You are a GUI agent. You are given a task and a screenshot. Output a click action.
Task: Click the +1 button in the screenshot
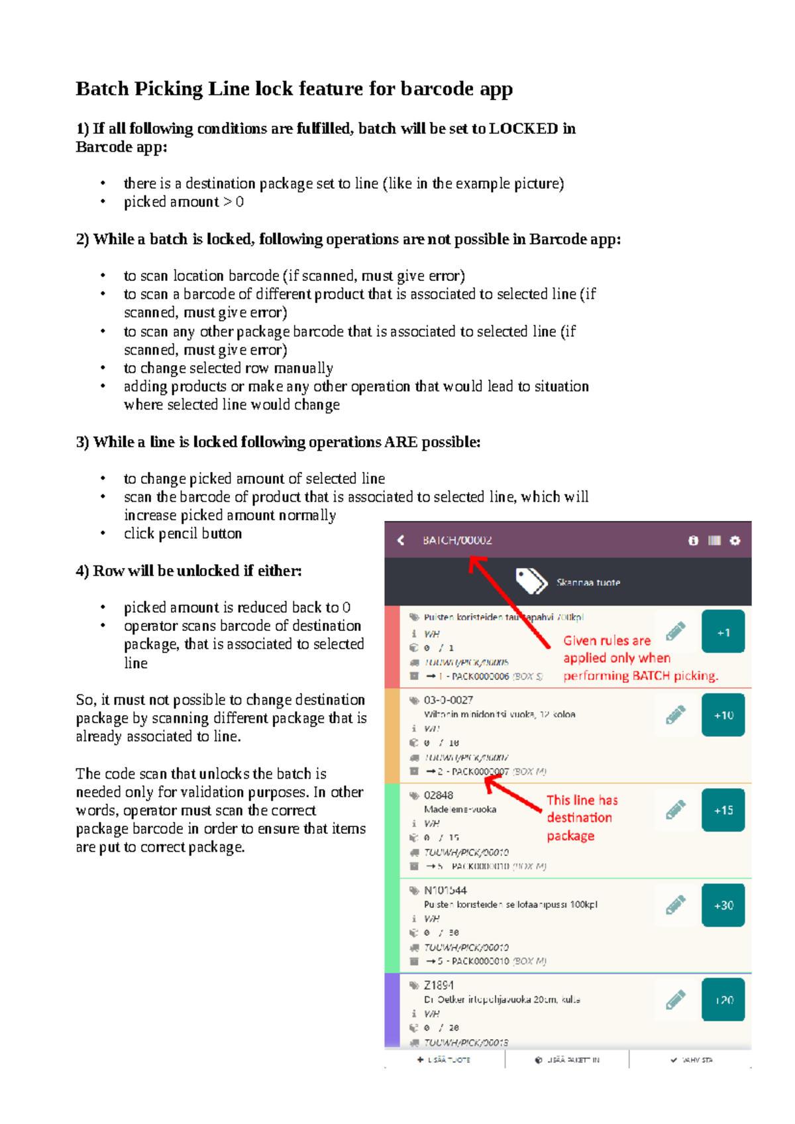coord(723,632)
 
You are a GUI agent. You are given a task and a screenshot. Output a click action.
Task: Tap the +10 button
coord(723,715)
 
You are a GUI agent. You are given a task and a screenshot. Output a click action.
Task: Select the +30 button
coord(723,905)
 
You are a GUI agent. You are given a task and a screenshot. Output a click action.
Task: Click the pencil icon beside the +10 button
coord(675,714)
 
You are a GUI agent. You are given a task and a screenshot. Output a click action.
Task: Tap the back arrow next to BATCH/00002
coord(401,540)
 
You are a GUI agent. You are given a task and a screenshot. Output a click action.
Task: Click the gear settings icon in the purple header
coord(735,541)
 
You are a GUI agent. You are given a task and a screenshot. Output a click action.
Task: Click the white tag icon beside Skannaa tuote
coord(531,581)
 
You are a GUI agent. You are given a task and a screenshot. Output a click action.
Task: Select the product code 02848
coord(439,795)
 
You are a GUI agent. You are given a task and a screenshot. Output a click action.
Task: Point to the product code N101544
coord(445,890)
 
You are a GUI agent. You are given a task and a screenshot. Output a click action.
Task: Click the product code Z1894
coord(439,985)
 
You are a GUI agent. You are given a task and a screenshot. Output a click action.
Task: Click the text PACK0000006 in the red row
coord(480,677)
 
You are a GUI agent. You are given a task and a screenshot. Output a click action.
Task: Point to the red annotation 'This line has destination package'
coord(582,818)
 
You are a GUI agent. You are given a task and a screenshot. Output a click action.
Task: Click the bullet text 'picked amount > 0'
coord(184,202)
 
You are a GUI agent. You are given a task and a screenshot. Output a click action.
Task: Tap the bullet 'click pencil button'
coord(183,534)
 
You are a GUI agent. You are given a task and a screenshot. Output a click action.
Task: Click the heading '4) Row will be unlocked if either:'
coord(188,571)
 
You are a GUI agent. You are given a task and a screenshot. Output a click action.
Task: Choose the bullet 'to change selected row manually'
coord(228,368)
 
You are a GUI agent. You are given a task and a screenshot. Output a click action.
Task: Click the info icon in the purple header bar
coord(693,541)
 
